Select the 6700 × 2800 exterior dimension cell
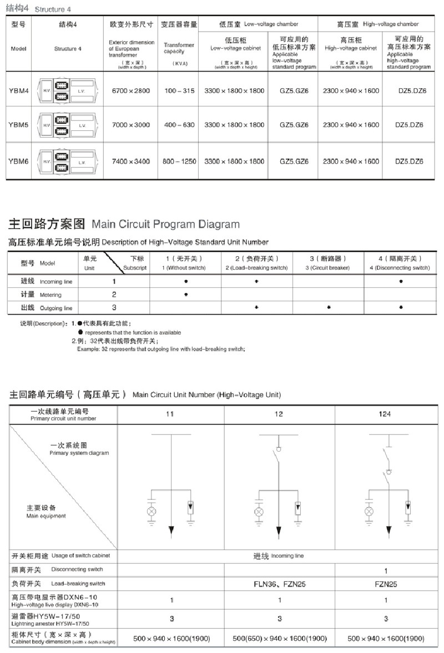click(130, 90)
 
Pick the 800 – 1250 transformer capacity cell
click(179, 161)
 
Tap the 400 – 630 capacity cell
click(179, 125)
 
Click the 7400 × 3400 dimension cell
click(130, 161)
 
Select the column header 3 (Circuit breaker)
click(327, 263)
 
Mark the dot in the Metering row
click(186, 295)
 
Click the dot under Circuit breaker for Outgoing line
click(329, 307)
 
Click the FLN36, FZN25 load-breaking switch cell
click(279, 584)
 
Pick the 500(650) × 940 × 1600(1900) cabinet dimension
click(279, 639)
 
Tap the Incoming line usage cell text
click(279, 555)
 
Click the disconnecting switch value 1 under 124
click(385, 570)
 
